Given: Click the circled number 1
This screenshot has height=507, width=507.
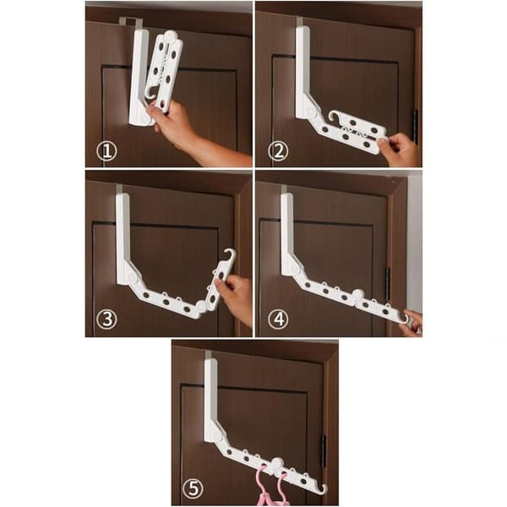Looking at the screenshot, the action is pos(106,151).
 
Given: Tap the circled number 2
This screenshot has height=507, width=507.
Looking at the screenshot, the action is pos(278,151).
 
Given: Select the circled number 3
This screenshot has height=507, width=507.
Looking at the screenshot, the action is pos(106,319).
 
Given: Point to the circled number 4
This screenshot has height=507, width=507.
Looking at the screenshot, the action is pos(278,319).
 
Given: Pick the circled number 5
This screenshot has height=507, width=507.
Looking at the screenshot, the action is pos(193,488).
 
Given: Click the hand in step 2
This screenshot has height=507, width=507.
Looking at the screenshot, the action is pos(400,150).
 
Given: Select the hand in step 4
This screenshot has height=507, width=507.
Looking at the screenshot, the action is pos(412,324).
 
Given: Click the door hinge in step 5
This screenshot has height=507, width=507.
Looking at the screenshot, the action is pos(324,451).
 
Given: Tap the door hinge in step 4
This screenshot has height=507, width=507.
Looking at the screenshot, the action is pos(388,284).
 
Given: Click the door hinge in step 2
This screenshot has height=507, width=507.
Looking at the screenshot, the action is pos(415,127).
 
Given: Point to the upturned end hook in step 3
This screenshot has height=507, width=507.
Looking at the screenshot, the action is pos(230,253).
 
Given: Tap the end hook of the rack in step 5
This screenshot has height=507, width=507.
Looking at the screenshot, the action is pos(324,488).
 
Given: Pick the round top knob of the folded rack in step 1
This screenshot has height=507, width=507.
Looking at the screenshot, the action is pos(170,35).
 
